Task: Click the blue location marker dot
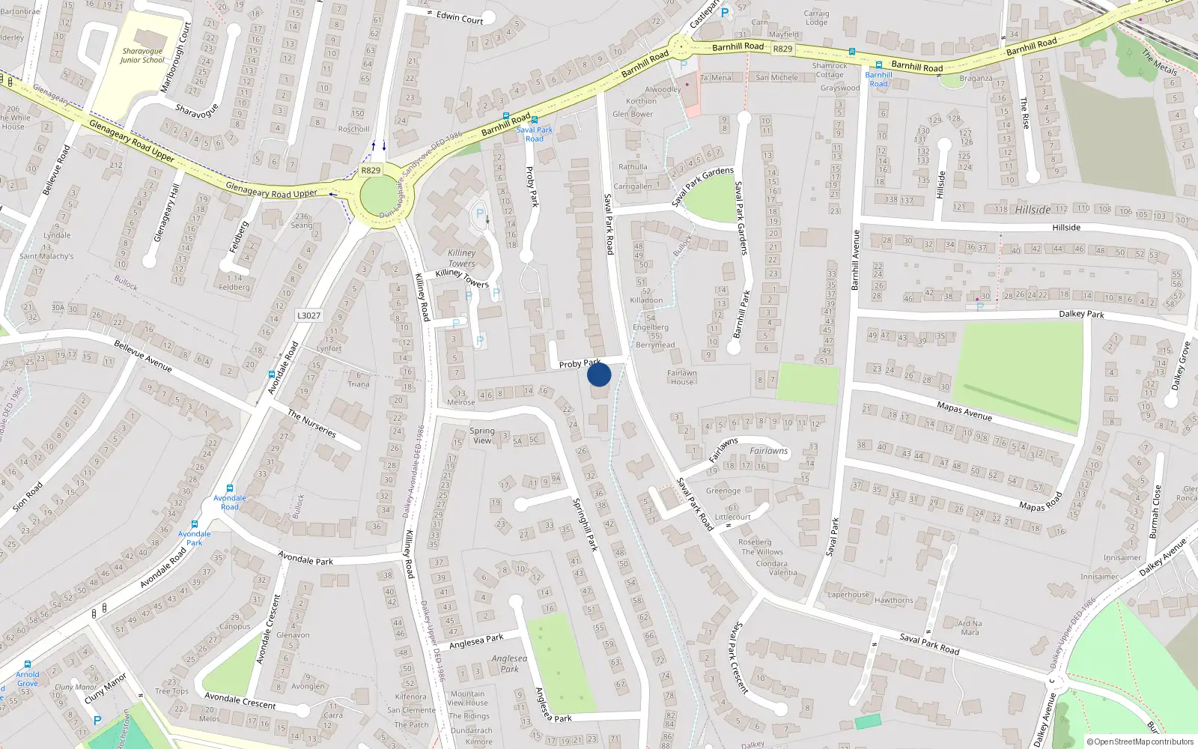click(x=599, y=374)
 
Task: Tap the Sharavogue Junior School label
click(x=142, y=56)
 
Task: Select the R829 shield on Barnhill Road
click(x=782, y=49)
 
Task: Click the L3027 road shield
click(x=308, y=315)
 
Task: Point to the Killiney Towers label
click(x=462, y=258)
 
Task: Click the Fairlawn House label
click(x=682, y=377)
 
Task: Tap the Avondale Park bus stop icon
click(x=195, y=524)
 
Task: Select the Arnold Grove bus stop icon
click(x=28, y=664)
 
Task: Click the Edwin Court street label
click(x=460, y=17)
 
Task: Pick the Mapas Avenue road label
click(x=964, y=411)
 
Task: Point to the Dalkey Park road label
click(x=1081, y=314)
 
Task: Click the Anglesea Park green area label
click(x=510, y=664)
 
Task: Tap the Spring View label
click(x=482, y=435)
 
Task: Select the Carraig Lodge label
click(x=816, y=17)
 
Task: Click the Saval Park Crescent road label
click(x=739, y=657)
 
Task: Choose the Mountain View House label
click(x=467, y=698)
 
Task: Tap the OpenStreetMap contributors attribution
click(x=1140, y=742)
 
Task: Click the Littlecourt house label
click(x=732, y=517)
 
